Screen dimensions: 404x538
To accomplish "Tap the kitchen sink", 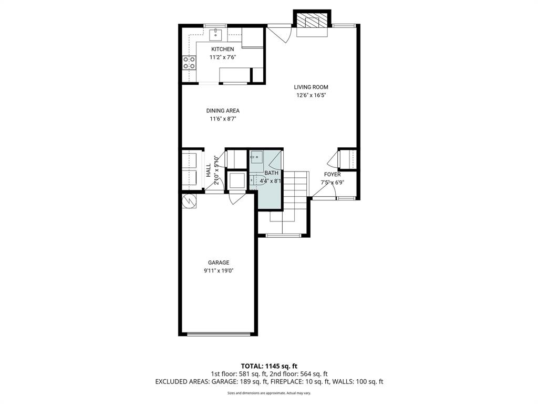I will (216, 35).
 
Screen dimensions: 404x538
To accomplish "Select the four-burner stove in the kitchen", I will (189, 63).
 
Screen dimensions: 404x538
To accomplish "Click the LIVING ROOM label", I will (314, 87).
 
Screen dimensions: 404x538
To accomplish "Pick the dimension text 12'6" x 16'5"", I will (314, 95).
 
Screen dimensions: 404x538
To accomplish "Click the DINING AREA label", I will (222, 110).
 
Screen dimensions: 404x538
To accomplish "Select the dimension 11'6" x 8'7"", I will (222, 119).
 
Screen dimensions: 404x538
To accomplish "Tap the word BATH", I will (271, 173).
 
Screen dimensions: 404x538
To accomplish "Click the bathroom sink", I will (257, 157).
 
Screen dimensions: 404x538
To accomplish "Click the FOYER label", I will (332, 175).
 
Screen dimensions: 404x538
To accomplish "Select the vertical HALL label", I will (209, 169).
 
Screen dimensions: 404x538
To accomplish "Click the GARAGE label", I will (219, 262).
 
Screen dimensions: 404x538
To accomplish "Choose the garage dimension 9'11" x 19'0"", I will (219, 271).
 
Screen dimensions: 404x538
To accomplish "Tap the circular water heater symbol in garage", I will (189, 201).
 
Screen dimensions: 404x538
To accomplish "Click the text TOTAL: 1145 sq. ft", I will (269, 366).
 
